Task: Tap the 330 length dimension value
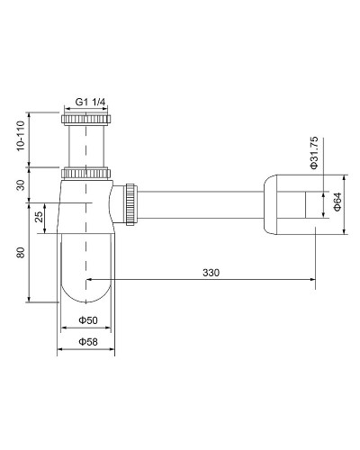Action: tap(211, 272)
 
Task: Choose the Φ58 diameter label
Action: tap(86, 342)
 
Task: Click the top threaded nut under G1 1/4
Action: tap(86, 118)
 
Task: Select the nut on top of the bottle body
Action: tap(86, 171)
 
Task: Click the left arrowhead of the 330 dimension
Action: tap(92, 281)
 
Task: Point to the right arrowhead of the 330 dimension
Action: tap(310, 281)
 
